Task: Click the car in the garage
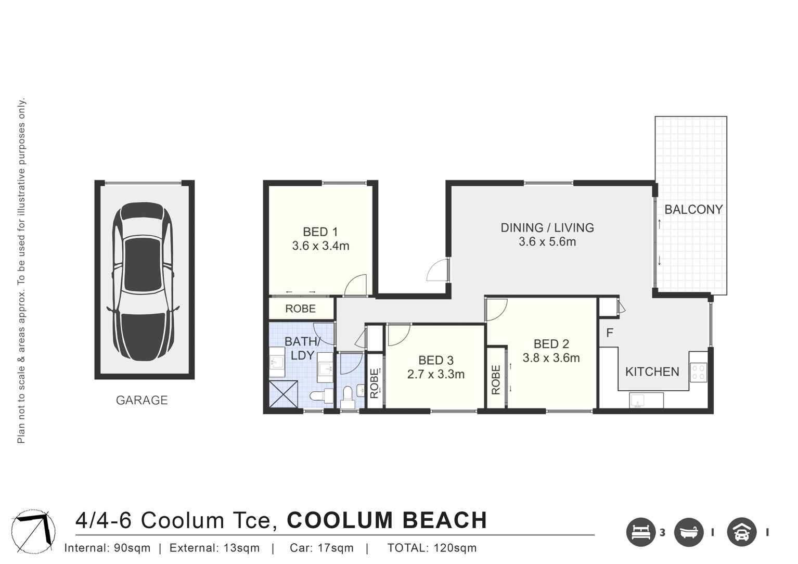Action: click(x=144, y=281)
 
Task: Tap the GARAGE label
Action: click(x=141, y=400)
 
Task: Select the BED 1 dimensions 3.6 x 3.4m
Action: click(x=320, y=246)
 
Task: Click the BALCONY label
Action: click(x=693, y=210)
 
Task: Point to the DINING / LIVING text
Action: click(x=547, y=227)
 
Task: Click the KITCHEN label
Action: click(x=652, y=371)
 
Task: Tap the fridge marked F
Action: click(x=610, y=332)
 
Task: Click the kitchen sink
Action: click(x=638, y=401)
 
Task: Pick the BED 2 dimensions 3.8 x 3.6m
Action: click(x=551, y=358)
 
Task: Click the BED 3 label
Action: click(x=436, y=360)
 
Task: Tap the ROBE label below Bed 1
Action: click(x=300, y=309)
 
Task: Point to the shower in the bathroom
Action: click(x=284, y=395)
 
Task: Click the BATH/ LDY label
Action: click(x=302, y=348)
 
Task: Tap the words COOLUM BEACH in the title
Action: click(x=387, y=520)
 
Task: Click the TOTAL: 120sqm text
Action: click(x=432, y=548)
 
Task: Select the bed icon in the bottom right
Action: click(x=640, y=532)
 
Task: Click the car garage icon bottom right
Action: click(x=741, y=532)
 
